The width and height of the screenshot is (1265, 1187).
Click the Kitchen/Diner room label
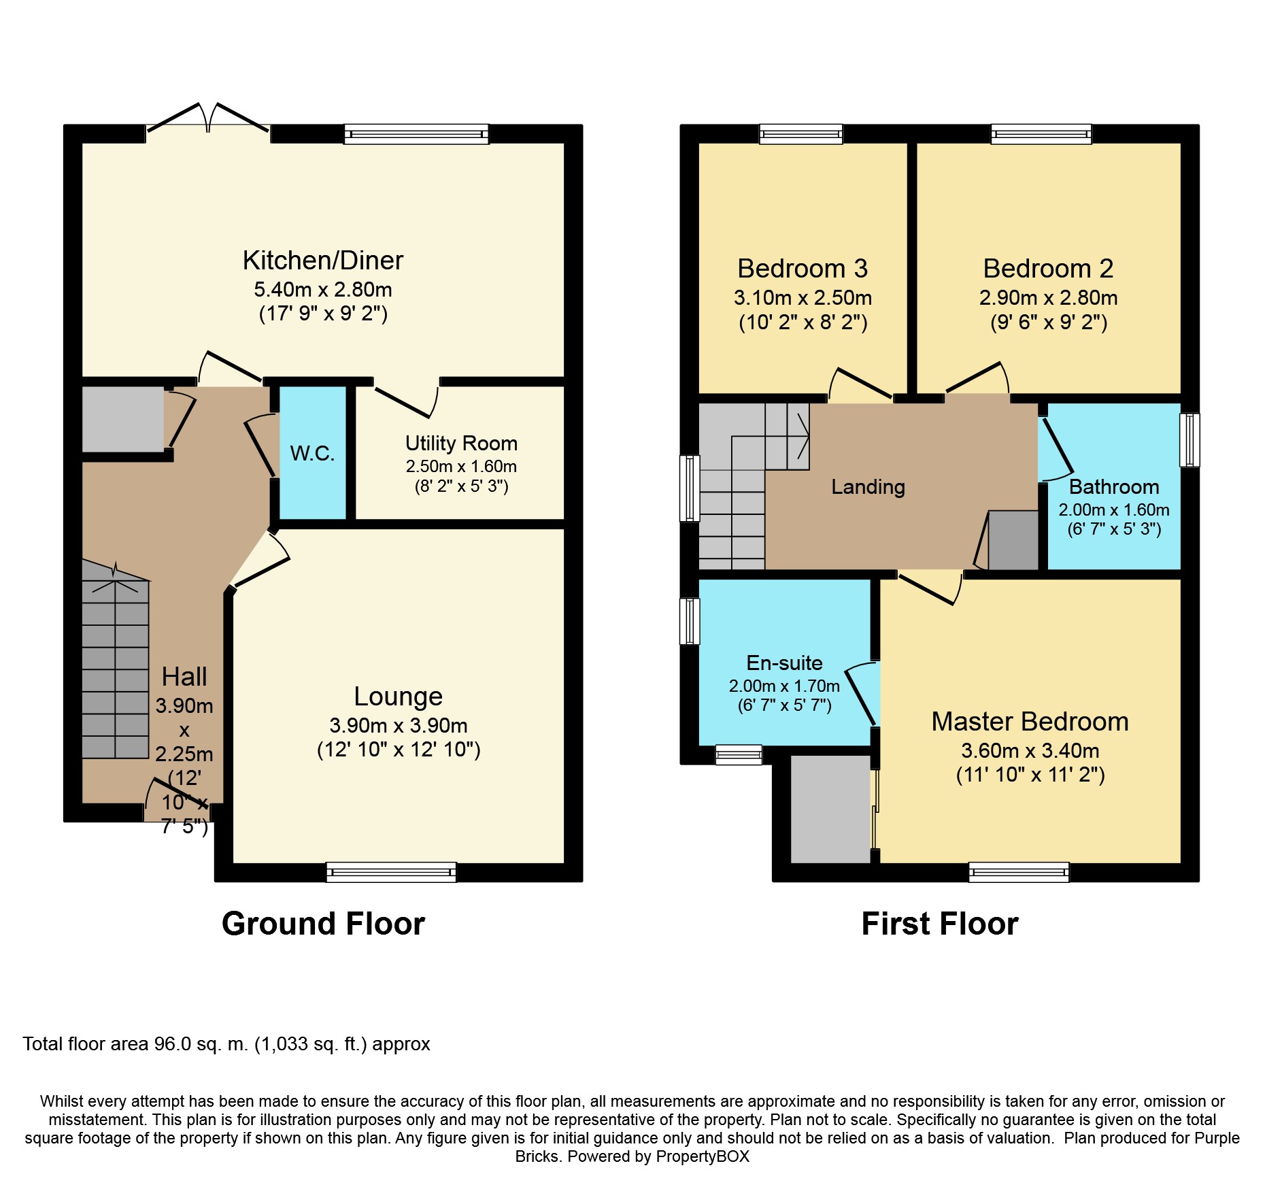[x=323, y=261]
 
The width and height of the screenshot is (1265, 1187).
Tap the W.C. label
[x=313, y=454]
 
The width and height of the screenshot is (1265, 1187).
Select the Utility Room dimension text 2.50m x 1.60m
[x=461, y=467]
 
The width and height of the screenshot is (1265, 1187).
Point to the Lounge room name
[x=398, y=697]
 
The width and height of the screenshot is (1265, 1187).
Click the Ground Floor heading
[x=323, y=924]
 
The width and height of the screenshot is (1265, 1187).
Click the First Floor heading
[x=940, y=924]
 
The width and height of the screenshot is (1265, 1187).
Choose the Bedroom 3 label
[x=803, y=269]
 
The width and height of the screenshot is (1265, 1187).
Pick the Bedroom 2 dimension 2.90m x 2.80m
[x=1048, y=298]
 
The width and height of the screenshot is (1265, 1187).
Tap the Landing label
[x=868, y=487]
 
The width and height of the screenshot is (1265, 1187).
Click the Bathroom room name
[x=1114, y=487]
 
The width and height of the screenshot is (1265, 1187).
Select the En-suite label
[x=784, y=663]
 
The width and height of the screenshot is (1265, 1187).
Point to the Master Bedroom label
[x=1030, y=722]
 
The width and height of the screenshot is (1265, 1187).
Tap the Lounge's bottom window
[x=391, y=872]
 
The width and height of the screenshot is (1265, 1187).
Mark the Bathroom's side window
[x=1190, y=440]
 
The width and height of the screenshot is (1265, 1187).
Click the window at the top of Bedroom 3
[x=801, y=134]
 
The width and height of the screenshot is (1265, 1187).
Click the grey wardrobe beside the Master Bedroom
[x=830, y=809]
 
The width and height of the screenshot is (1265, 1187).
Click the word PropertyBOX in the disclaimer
[x=703, y=1156]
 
